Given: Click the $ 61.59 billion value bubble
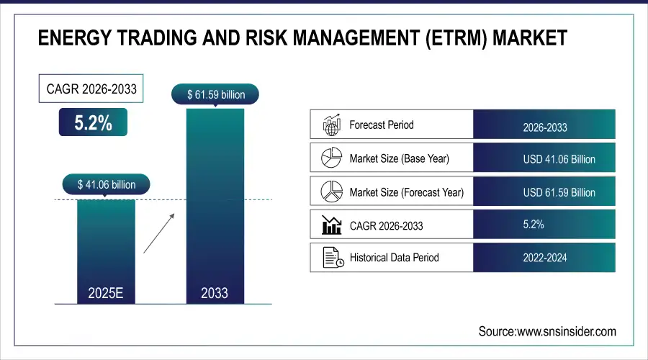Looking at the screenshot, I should pyautogui.click(x=215, y=94).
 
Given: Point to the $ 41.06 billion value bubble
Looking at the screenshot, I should pyautogui.click(x=107, y=184).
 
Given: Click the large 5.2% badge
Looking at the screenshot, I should pyautogui.click(x=93, y=122).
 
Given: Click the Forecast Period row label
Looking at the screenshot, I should pyautogui.click(x=382, y=125).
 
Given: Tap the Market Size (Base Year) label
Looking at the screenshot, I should pyautogui.click(x=399, y=158).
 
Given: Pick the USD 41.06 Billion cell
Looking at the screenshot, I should pyautogui.click(x=544, y=158).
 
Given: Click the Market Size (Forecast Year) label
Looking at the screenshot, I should pyautogui.click(x=406, y=192).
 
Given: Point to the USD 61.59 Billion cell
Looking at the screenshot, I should pyautogui.click(x=544, y=192).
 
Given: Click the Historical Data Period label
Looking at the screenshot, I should pyautogui.click(x=394, y=257).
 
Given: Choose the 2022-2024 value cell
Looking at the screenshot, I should pyautogui.click(x=544, y=257).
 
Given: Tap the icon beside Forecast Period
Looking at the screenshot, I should pyautogui.click(x=330, y=125).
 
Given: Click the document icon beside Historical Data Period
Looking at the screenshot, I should pyautogui.click(x=330, y=257).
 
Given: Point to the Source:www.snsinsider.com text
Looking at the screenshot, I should pyautogui.click(x=547, y=331).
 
